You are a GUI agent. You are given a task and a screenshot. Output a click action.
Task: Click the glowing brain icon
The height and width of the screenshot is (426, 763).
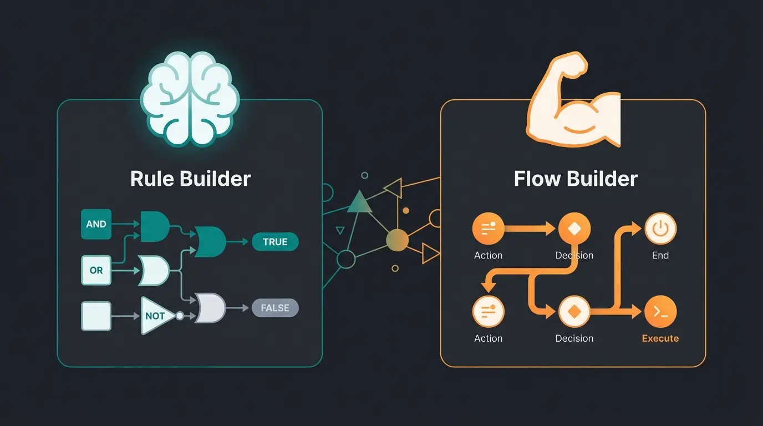click(x=190, y=99)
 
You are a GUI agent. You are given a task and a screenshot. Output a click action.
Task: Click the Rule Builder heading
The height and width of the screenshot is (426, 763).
click(x=190, y=179)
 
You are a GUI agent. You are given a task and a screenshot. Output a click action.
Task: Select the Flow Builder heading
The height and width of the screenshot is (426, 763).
click(x=576, y=179)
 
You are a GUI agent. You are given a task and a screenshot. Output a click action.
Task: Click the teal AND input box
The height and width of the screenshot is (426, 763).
click(x=96, y=224)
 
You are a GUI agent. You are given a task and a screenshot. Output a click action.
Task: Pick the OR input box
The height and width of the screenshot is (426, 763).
click(x=96, y=270)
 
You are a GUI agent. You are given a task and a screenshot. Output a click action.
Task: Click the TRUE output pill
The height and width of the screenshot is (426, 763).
click(x=275, y=242)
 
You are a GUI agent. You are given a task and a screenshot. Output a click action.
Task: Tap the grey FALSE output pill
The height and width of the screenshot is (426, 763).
click(x=275, y=308)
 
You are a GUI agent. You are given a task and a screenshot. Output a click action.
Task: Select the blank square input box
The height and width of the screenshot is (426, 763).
click(x=96, y=316)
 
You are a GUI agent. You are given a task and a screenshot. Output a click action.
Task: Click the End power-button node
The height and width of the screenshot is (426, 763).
click(x=660, y=229)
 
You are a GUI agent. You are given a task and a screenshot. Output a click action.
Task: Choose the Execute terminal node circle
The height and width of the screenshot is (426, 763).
click(x=660, y=312)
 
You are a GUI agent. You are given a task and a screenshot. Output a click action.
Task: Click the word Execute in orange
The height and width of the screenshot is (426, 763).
click(x=660, y=338)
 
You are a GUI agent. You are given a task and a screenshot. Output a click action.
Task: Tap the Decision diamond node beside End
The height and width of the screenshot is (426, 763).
click(x=574, y=229)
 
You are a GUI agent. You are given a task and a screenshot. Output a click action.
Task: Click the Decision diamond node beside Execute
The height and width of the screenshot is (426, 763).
click(x=574, y=312)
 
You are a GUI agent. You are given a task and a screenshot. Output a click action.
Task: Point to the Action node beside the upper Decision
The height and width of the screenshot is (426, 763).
click(x=488, y=229)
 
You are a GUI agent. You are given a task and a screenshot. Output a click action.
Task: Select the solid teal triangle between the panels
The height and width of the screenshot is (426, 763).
click(x=359, y=204)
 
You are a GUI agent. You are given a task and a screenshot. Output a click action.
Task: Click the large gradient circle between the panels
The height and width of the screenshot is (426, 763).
click(x=397, y=240)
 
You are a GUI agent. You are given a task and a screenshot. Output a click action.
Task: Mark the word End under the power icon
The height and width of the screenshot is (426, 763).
click(x=660, y=256)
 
